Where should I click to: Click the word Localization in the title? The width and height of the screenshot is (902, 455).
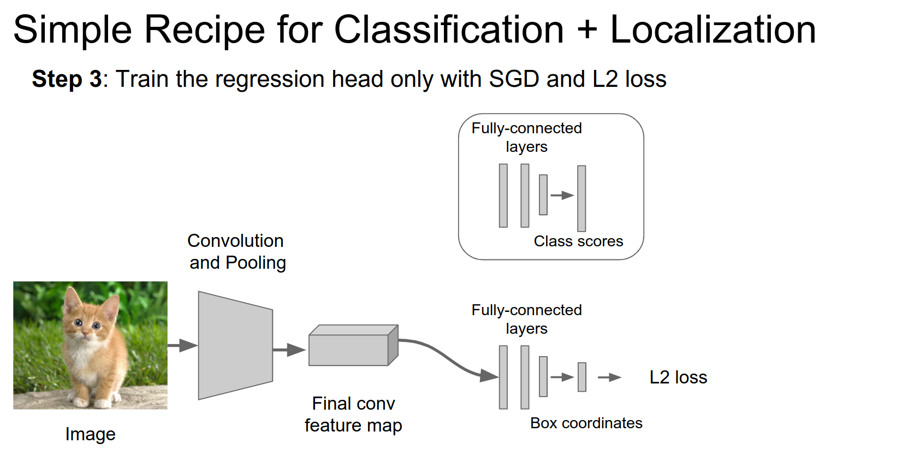(x=713, y=29)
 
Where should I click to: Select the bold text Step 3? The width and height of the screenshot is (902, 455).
(x=67, y=79)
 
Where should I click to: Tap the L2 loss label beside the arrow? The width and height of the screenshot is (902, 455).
(x=678, y=377)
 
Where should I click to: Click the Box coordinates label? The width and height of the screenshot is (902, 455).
(x=586, y=423)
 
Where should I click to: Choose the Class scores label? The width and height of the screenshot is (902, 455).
(x=578, y=241)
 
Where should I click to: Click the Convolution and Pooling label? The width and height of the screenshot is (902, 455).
(x=237, y=252)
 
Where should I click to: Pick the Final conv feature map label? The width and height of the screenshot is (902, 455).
(x=353, y=415)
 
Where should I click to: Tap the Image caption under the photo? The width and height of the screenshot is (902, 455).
(x=90, y=434)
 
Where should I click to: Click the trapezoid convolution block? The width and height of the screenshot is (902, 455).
(x=235, y=345)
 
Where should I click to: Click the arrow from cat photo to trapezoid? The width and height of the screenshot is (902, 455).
(x=182, y=345)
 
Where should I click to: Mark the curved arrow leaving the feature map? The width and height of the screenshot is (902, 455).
(x=448, y=358)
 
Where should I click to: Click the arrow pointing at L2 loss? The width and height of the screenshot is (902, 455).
(x=609, y=377)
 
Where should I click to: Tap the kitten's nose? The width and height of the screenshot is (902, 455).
(x=86, y=332)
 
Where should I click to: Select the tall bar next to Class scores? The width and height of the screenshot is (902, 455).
(x=581, y=198)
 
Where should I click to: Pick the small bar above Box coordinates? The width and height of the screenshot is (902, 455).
(x=582, y=377)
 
